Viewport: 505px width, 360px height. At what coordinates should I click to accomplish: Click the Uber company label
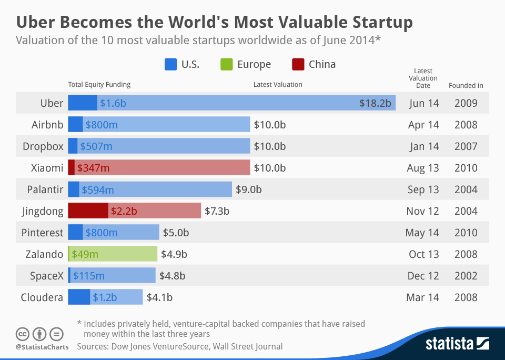[x=52, y=103]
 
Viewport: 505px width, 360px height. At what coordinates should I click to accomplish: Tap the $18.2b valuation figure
[x=375, y=103]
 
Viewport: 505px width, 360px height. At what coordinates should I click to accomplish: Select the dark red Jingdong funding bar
[x=88, y=211]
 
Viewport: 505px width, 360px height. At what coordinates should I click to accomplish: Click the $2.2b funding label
[x=124, y=211]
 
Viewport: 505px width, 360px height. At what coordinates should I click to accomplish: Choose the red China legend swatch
[x=298, y=65]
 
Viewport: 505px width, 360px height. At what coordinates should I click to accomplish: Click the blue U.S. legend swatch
[x=170, y=65]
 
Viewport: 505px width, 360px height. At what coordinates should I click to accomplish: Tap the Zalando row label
[x=44, y=254]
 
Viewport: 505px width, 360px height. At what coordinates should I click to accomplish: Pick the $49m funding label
[x=85, y=254]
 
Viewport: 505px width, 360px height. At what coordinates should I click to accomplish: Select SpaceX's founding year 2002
[x=466, y=276]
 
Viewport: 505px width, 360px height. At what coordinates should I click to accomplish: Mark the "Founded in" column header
[x=466, y=85]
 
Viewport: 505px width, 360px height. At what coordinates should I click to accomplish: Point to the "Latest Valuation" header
[x=278, y=84]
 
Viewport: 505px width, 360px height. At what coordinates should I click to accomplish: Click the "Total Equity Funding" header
[x=99, y=84]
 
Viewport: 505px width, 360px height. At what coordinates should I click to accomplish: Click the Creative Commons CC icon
[x=23, y=334]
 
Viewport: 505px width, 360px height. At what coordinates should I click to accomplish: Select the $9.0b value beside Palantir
[x=248, y=189]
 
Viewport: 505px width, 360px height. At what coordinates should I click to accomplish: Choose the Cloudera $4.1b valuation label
[x=159, y=297]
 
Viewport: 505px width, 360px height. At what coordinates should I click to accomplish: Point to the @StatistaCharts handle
[x=42, y=347]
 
